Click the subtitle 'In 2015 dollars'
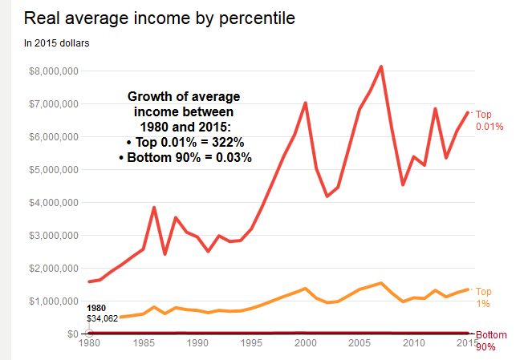56,42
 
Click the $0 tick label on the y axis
71,334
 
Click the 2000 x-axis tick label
305,346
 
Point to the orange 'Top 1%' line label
484,297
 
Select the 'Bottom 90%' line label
491,340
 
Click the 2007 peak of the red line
381,67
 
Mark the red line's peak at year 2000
306,103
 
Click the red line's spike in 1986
154,208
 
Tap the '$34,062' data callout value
102,318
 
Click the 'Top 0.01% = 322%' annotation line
185,143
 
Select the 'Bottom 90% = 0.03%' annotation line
185,158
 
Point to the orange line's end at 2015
467,289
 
